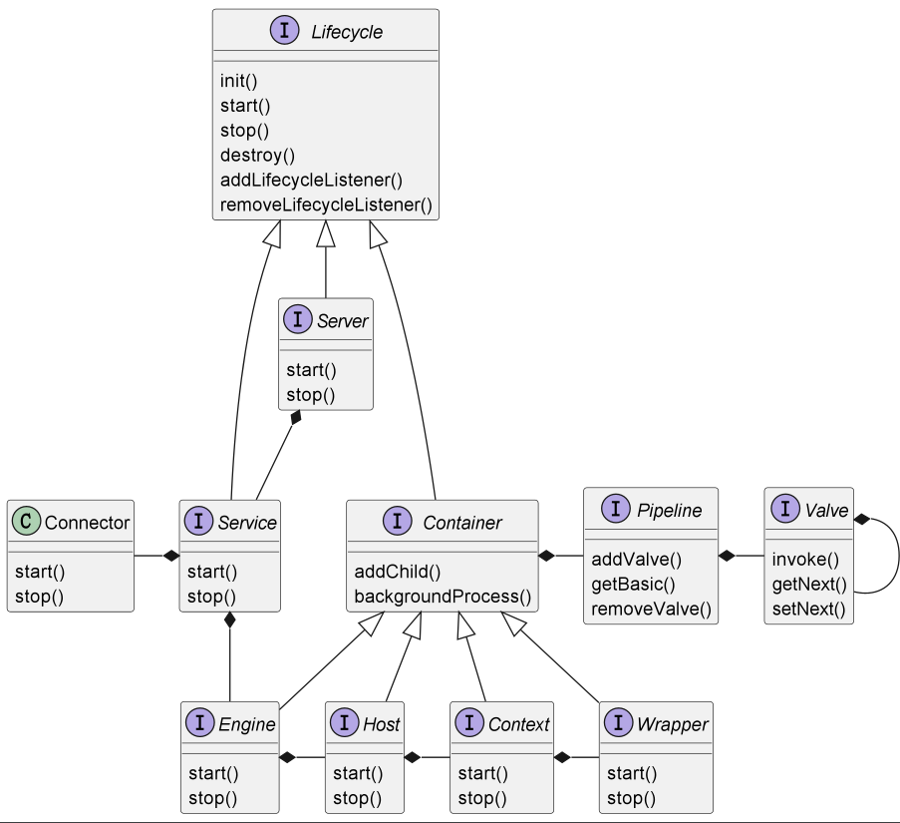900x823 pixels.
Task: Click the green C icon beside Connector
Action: point(26,521)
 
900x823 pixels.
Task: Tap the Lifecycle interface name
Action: point(347,32)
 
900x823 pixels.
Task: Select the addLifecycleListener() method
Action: point(311,181)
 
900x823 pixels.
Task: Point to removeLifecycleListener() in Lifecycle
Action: point(326,206)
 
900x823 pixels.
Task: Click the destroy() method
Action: point(257,156)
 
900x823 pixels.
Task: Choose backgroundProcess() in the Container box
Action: point(443,597)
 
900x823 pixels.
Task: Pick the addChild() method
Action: point(398,572)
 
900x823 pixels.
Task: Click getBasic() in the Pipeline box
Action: point(633,585)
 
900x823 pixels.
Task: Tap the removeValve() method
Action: point(651,609)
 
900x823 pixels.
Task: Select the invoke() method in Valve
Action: point(805,560)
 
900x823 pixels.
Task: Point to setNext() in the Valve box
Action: point(808,609)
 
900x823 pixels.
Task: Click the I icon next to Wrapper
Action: point(618,722)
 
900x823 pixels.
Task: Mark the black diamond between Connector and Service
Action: point(171,556)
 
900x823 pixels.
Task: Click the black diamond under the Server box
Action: point(296,418)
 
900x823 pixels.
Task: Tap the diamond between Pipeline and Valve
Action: point(727,556)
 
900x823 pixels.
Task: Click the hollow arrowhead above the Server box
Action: point(326,233)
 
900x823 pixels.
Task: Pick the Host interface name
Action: point(381,724)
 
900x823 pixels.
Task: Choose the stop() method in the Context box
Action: point(482,798)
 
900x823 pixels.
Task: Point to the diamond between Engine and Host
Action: point(288,757)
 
